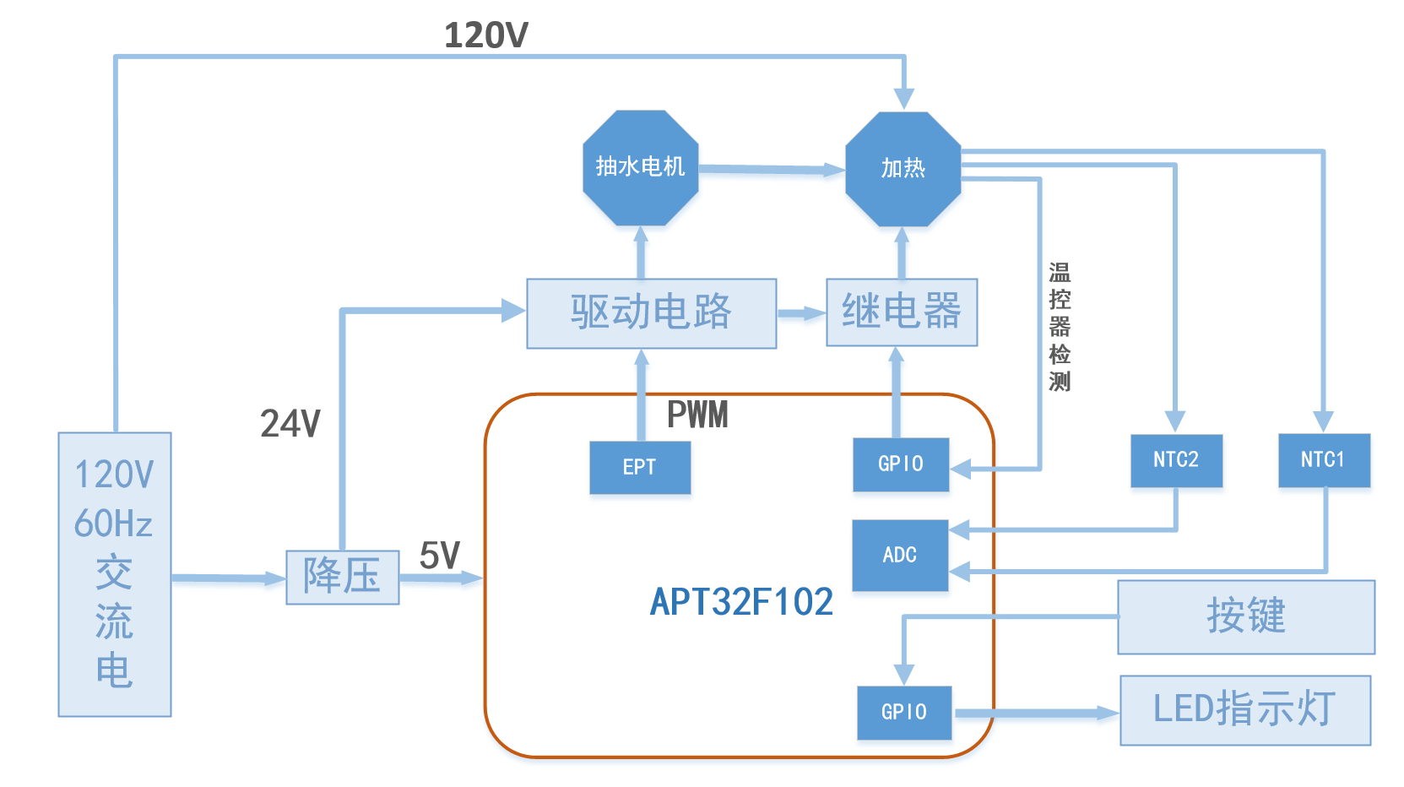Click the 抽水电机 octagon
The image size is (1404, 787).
pos(640,167)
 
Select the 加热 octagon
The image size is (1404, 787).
pos(903,169)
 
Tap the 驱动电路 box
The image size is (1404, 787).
pos(651,313)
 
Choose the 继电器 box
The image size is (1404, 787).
pos(901,312)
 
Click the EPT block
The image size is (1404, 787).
pos(639,467)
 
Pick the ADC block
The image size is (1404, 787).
pos(899,555)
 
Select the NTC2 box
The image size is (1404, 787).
pos(1176,460)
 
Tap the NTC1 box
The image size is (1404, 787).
pos(1323,460)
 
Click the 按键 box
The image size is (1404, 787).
pos(1245,616)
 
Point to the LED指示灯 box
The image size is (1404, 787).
pos(1244,709)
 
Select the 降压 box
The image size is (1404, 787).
pos(342,577)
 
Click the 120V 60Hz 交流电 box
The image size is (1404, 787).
pos(115,574)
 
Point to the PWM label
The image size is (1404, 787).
pos(697,415)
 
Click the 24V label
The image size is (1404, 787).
pos(290,424)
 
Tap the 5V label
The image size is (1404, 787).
pos(440,556)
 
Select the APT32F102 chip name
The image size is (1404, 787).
pos(741,602)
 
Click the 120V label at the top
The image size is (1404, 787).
pos(486,35)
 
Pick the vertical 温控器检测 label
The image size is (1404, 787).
pos(1060,327)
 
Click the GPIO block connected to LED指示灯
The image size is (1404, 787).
pos(903,713)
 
